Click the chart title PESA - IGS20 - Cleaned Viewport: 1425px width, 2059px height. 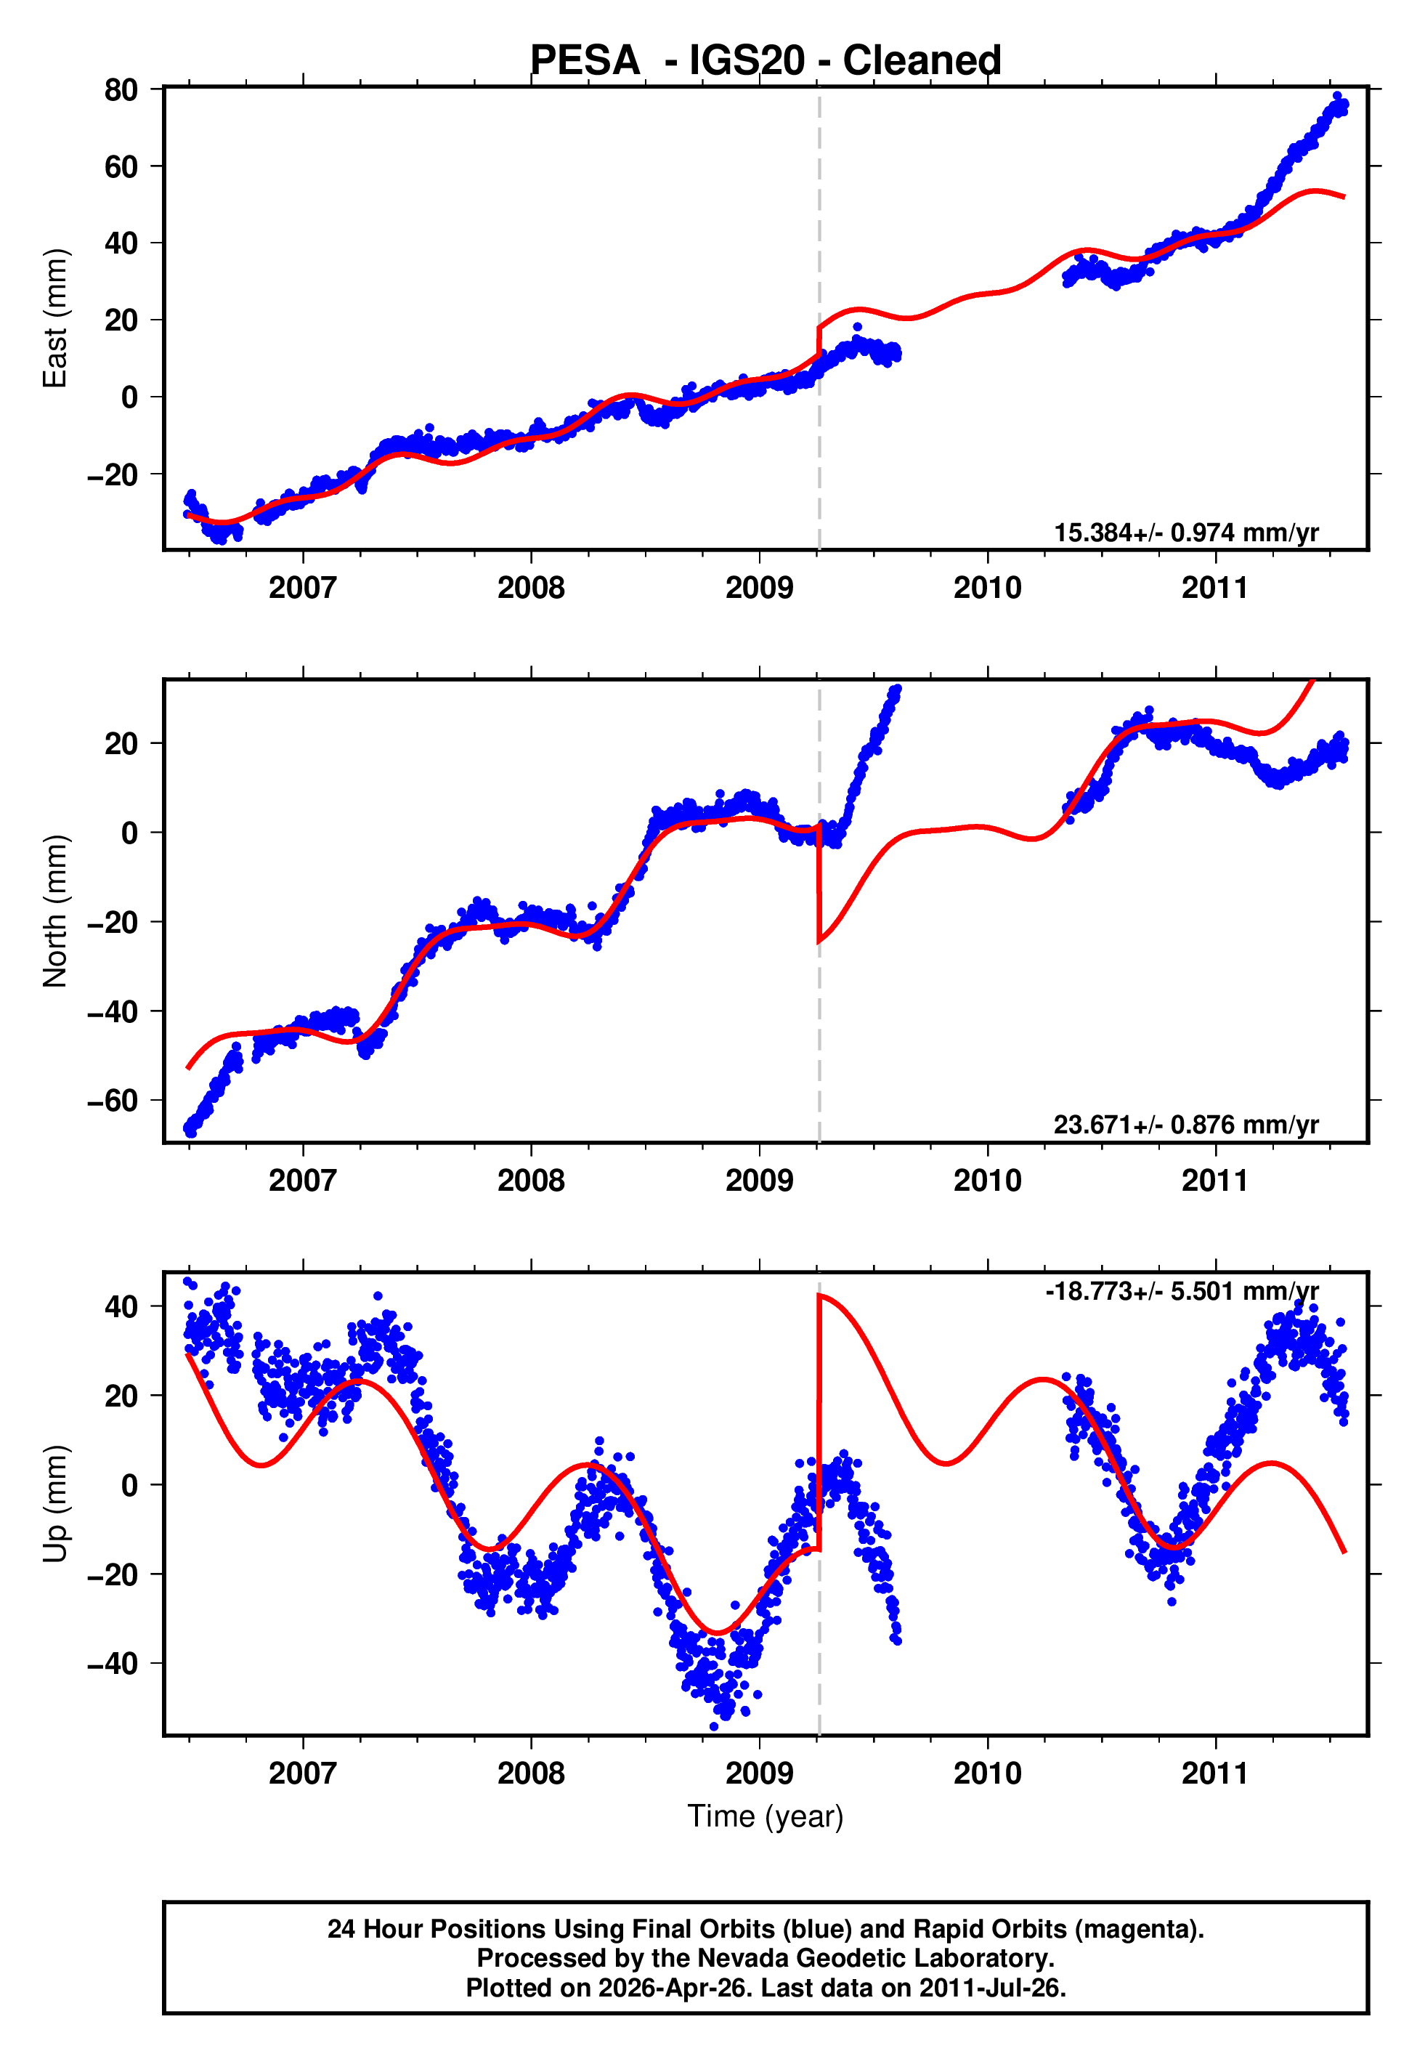point(766,61)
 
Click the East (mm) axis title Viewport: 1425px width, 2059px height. point(55,319)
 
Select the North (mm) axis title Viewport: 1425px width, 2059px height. point(55,911)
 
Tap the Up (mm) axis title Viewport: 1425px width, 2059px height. point(55,1504)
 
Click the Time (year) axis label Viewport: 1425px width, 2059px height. point(766,1817)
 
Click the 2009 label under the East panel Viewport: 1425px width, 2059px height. point(759,588)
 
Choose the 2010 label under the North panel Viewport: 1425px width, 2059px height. point(988,1181)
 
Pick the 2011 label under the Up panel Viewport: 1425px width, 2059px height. point(1215,1773)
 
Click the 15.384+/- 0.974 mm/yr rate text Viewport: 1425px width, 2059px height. point(1186,533)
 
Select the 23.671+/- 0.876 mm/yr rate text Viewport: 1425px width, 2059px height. point(1186,1125)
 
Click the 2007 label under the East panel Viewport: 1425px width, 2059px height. point(303,588)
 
